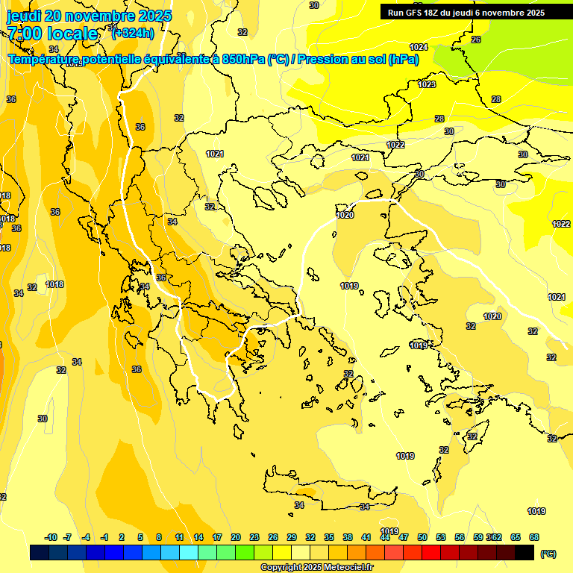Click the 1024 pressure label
(419, 47)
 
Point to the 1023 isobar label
(427, 84)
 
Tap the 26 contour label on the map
(476, 40)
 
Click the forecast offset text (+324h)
(132, 33)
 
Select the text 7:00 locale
(52, 34)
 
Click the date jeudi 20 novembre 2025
(89, 16)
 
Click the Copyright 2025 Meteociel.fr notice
(316, 567)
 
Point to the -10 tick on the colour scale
(51, 537)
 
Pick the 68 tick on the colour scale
(534, 537)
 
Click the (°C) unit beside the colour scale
(548, 553)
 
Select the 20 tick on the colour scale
(236, 537)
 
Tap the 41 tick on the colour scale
(366, 537)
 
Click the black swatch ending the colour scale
(525, 552)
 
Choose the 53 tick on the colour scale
(441, 537)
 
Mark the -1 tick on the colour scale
(105, 537)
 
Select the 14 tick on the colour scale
(198, 537)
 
